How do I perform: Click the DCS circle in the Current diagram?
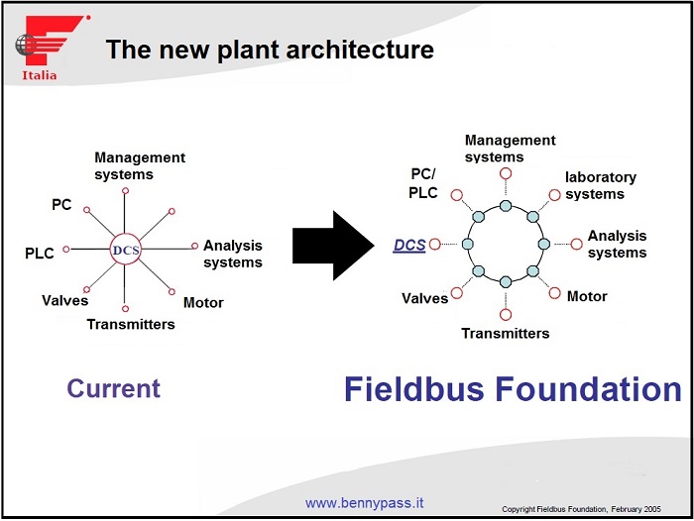[x=126, y=250]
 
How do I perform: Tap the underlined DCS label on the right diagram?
[x=409, y=245]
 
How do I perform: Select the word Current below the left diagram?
[x=113, y=388]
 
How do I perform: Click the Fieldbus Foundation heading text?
[x=513, y=389]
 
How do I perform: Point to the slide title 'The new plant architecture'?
[x=270, y=50]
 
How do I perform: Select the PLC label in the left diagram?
[x=40, y=254]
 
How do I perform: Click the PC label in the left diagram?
[x=61, y=204]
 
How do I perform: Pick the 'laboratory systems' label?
[x=601, y=185]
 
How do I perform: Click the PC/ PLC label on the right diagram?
[x=423, y=184]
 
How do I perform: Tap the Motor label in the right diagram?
[x=587, y=296]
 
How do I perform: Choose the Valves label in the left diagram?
[x=64, y=300]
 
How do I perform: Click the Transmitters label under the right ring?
[x=505, y=333]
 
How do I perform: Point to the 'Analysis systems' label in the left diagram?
[x=233, y=254]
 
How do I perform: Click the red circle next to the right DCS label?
[x=434, y=244]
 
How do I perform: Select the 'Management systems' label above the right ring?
[x=510, y=149]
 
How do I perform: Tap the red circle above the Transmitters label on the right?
[x=506, y=314]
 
